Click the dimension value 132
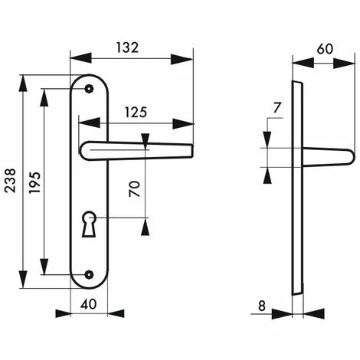pos(128,47)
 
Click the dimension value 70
pos(134,189)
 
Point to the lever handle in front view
pos(134,150)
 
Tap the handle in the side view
pos(329,157)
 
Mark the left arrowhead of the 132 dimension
pos(74,58)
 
